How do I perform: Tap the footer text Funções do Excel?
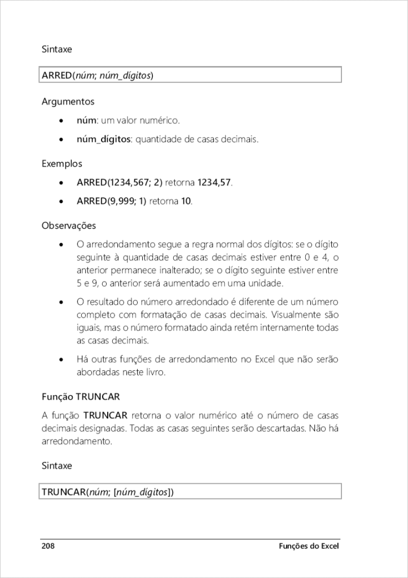[x=310, y=546]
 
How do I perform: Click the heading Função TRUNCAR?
[x=81, y=397]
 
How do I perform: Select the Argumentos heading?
[x=68, y=102]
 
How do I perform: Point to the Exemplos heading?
[x=62, y=164]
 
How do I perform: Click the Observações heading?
[x=69, y=226]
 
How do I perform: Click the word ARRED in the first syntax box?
[x=56, y=75]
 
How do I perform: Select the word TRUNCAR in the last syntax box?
[x=63, y=492]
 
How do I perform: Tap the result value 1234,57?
[x=214, y=183]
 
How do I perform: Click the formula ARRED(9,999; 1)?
[x=112, y=201]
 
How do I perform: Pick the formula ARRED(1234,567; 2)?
[x=120, y=183]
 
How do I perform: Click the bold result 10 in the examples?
[x=186, y=201]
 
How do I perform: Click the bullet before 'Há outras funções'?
[x=62, y=360]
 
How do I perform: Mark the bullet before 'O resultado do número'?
[x=62, y=303]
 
